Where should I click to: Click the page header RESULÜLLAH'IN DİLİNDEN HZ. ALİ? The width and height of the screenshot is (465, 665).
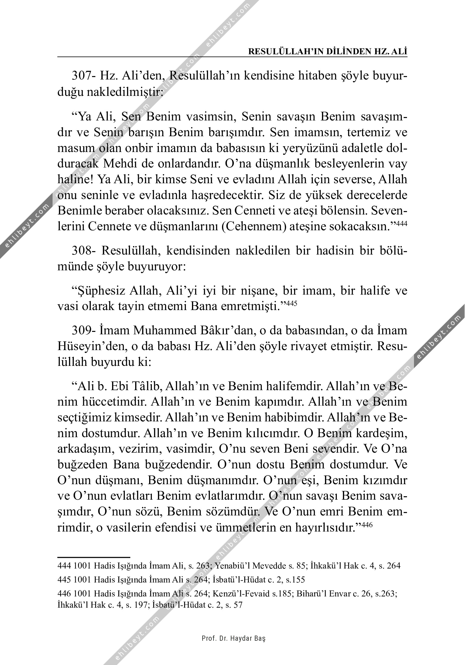coord(328,52)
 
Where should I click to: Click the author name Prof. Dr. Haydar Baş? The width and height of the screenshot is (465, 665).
coord(234,638)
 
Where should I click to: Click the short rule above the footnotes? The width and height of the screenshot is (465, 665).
coord(94,557)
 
